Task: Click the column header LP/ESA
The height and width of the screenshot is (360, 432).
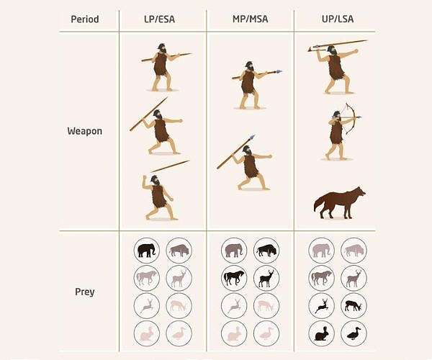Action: pos(159,19)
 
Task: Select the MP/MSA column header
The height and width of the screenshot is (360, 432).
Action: pos(250,19)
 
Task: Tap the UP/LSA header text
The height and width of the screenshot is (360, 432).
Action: pos(338,19)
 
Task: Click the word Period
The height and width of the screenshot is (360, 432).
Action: pos(85,19)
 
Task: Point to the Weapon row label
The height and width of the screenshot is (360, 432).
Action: pos(84,131)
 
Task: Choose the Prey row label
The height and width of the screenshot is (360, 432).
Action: pos(84,292)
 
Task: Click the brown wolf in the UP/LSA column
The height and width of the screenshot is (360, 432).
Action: pos(340,203)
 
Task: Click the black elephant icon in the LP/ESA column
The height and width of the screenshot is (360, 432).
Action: pos(147,251)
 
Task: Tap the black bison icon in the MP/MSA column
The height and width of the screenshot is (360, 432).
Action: pos(266,251)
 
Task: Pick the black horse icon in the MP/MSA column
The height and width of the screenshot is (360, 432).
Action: pos(234,278)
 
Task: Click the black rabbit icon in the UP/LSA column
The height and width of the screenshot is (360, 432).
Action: pos(322,334)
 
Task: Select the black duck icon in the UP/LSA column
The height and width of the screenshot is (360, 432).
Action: pos(354,333)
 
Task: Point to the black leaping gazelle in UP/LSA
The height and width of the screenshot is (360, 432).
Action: pos(321,306)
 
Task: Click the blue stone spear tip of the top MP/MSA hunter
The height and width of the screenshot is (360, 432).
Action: pos(279,71)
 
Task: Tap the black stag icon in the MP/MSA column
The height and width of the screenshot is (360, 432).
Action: pos(266,279)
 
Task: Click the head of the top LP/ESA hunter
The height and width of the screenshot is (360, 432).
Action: pos(162,48)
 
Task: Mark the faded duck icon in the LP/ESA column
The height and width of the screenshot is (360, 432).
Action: pos(179,333)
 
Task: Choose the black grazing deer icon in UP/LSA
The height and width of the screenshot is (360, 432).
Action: pos(354,306)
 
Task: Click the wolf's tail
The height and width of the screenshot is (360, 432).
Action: pos(318,203)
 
